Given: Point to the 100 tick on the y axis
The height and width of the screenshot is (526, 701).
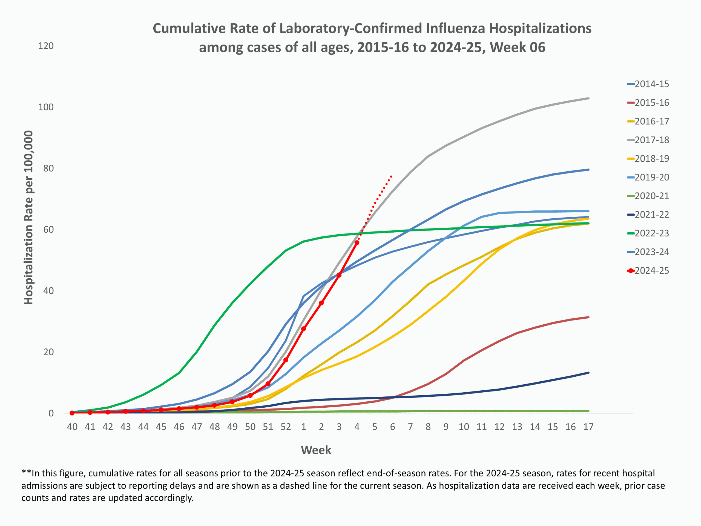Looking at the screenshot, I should [46, 107].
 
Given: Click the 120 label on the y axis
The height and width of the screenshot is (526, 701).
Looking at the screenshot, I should [46, 46].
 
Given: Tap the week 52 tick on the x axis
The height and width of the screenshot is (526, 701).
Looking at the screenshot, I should [286, 427].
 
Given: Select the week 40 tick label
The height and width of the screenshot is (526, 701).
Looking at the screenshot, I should [72, 427].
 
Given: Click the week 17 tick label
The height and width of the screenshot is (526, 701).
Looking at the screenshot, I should [588, 427].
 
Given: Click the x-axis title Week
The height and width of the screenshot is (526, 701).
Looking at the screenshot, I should [316, 450].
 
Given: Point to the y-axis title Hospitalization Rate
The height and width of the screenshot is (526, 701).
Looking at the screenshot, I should [28, 218].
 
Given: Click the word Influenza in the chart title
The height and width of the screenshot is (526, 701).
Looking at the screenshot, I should [455, 28].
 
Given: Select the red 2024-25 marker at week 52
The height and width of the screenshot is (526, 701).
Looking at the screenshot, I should [286, 360].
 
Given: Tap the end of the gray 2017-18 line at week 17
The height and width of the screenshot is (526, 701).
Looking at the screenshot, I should [588, 98].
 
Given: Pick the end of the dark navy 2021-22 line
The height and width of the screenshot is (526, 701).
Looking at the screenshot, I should [588, 373].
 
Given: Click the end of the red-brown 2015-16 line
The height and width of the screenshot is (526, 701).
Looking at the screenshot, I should [588, 317].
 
